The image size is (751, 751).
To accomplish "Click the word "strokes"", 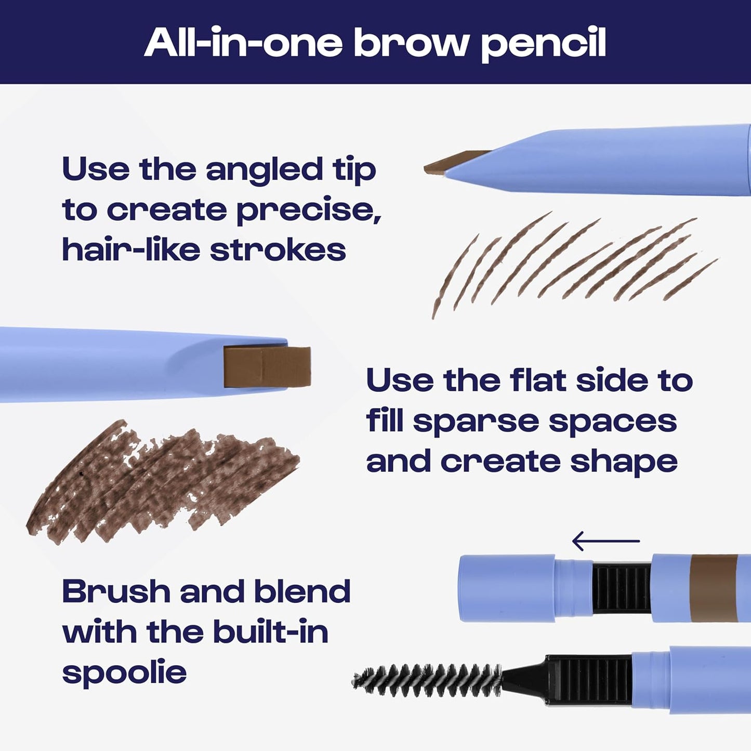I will pyautogui.click(x=278, y=251).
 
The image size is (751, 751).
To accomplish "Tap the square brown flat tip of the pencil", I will pyautogui.click(x=267, y=367).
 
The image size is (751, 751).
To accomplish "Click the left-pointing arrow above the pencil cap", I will pyautogui.click(x=605, y=541).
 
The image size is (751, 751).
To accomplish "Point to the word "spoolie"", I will pyautogui.click(x=124, y=673).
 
